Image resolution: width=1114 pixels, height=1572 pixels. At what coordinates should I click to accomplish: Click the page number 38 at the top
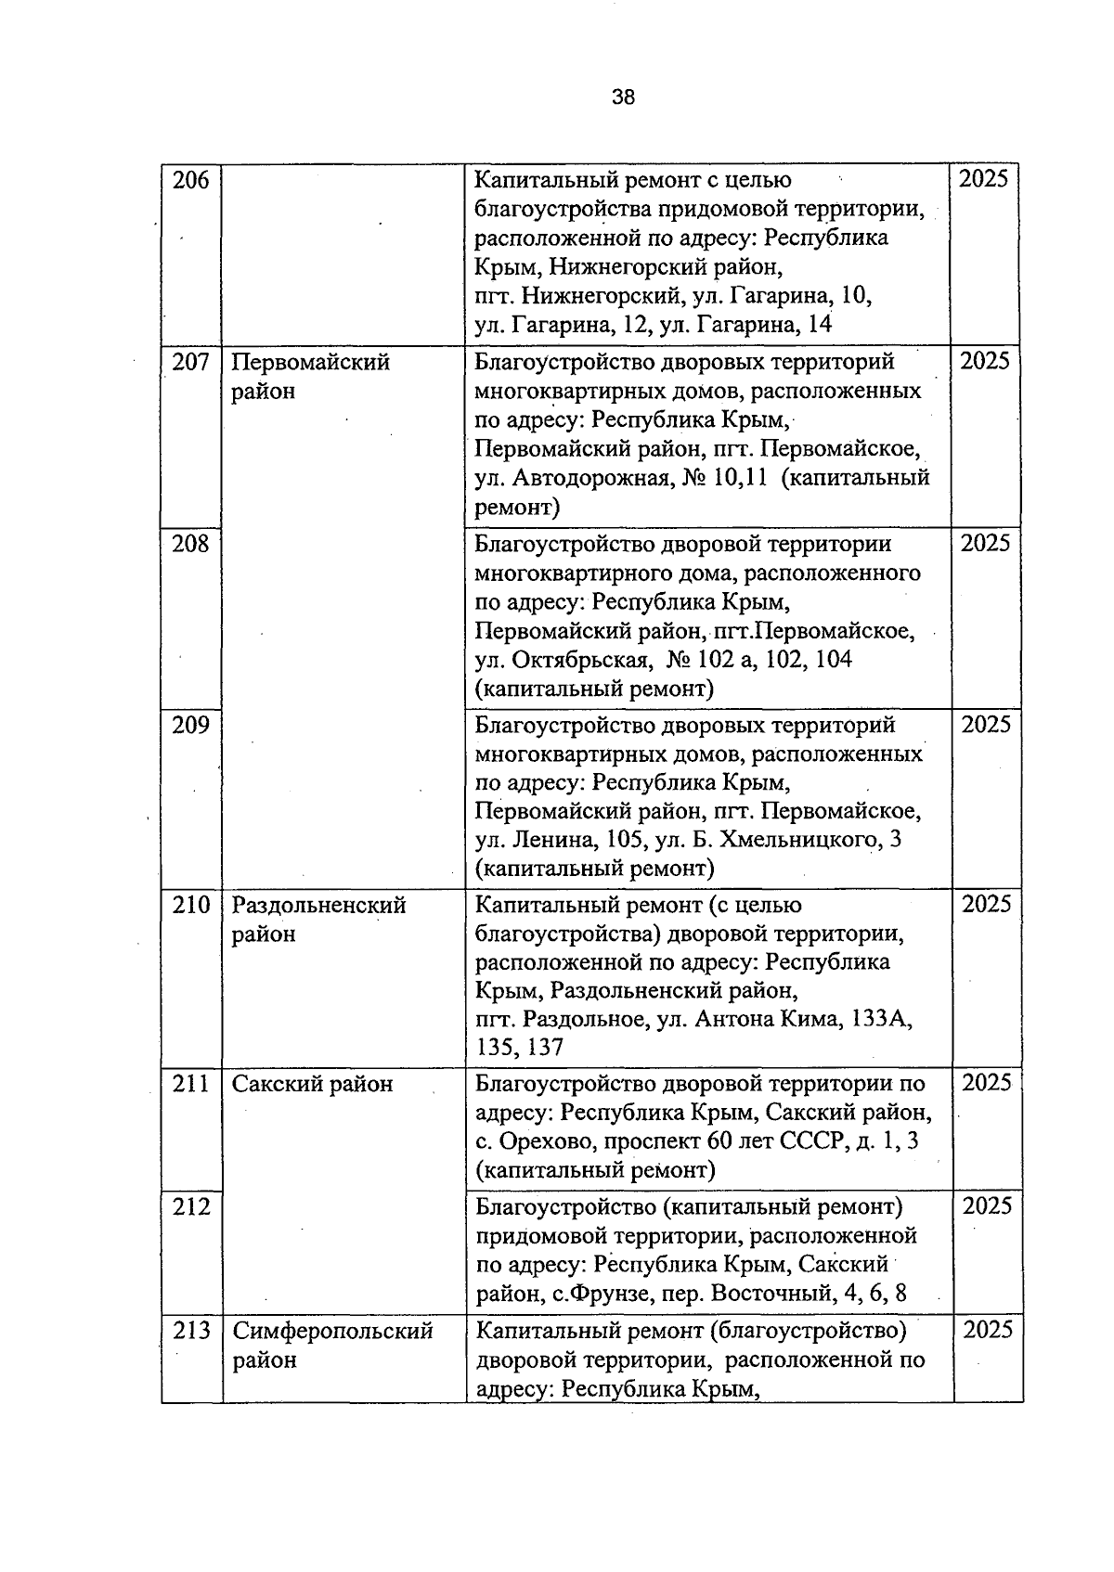click(624, 97)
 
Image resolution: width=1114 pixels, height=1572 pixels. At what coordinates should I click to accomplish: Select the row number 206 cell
click(191, 180)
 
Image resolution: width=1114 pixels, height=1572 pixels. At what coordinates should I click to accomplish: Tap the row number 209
click(191, 725)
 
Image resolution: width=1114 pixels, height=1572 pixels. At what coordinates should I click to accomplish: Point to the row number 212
click(191, 1206)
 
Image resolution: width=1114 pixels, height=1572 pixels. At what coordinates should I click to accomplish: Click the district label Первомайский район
click(310, 376)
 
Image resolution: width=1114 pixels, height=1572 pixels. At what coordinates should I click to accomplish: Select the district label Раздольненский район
click(318, 919)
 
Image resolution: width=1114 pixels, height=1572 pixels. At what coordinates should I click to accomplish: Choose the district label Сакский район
click(312, 1084)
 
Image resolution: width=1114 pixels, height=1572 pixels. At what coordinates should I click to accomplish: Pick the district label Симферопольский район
click(331, 1345)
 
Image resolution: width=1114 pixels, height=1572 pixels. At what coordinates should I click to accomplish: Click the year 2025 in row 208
click(985, 543)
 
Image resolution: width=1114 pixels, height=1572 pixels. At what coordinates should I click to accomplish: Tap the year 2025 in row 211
click(986, 1083)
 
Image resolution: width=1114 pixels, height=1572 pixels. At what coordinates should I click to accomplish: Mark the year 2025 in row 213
click(988, 1330)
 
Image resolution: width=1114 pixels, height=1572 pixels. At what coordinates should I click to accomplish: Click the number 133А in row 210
click(879, 1019)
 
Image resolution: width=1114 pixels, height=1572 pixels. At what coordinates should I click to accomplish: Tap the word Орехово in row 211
click(539, 1141)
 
